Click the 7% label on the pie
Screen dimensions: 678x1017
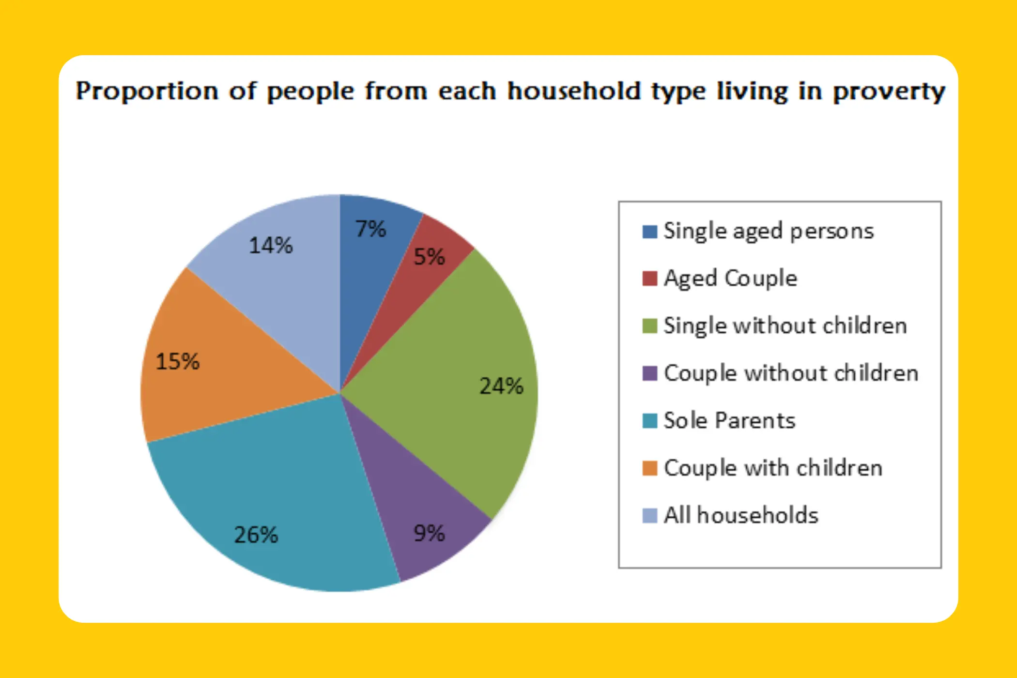point(370,229)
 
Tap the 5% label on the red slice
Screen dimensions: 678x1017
point(429,257)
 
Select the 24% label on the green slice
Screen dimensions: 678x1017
point(501,386)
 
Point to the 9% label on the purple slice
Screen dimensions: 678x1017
point(429,533)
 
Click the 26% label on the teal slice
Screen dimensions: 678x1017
point(256,535)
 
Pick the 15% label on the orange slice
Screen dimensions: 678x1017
point(177,362)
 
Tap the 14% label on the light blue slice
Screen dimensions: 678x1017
point(271,246)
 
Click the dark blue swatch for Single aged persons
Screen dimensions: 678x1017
point(649,231)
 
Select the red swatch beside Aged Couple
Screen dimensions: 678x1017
point(649,278)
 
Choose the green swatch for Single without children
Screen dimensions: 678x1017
point(649,326)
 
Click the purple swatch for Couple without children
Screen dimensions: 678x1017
point(649,373)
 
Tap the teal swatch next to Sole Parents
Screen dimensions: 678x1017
point(649,421)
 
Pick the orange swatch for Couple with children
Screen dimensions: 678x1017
point(649,468)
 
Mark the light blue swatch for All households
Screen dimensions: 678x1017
point(649,516)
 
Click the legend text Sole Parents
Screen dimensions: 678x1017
point(729,420)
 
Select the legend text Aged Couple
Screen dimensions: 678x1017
point(730,278)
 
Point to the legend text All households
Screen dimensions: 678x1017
point(741,515)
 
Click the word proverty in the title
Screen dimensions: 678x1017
point(889,92)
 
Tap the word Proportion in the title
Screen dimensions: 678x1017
point(147,92)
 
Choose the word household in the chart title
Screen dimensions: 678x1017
point(574,91)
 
